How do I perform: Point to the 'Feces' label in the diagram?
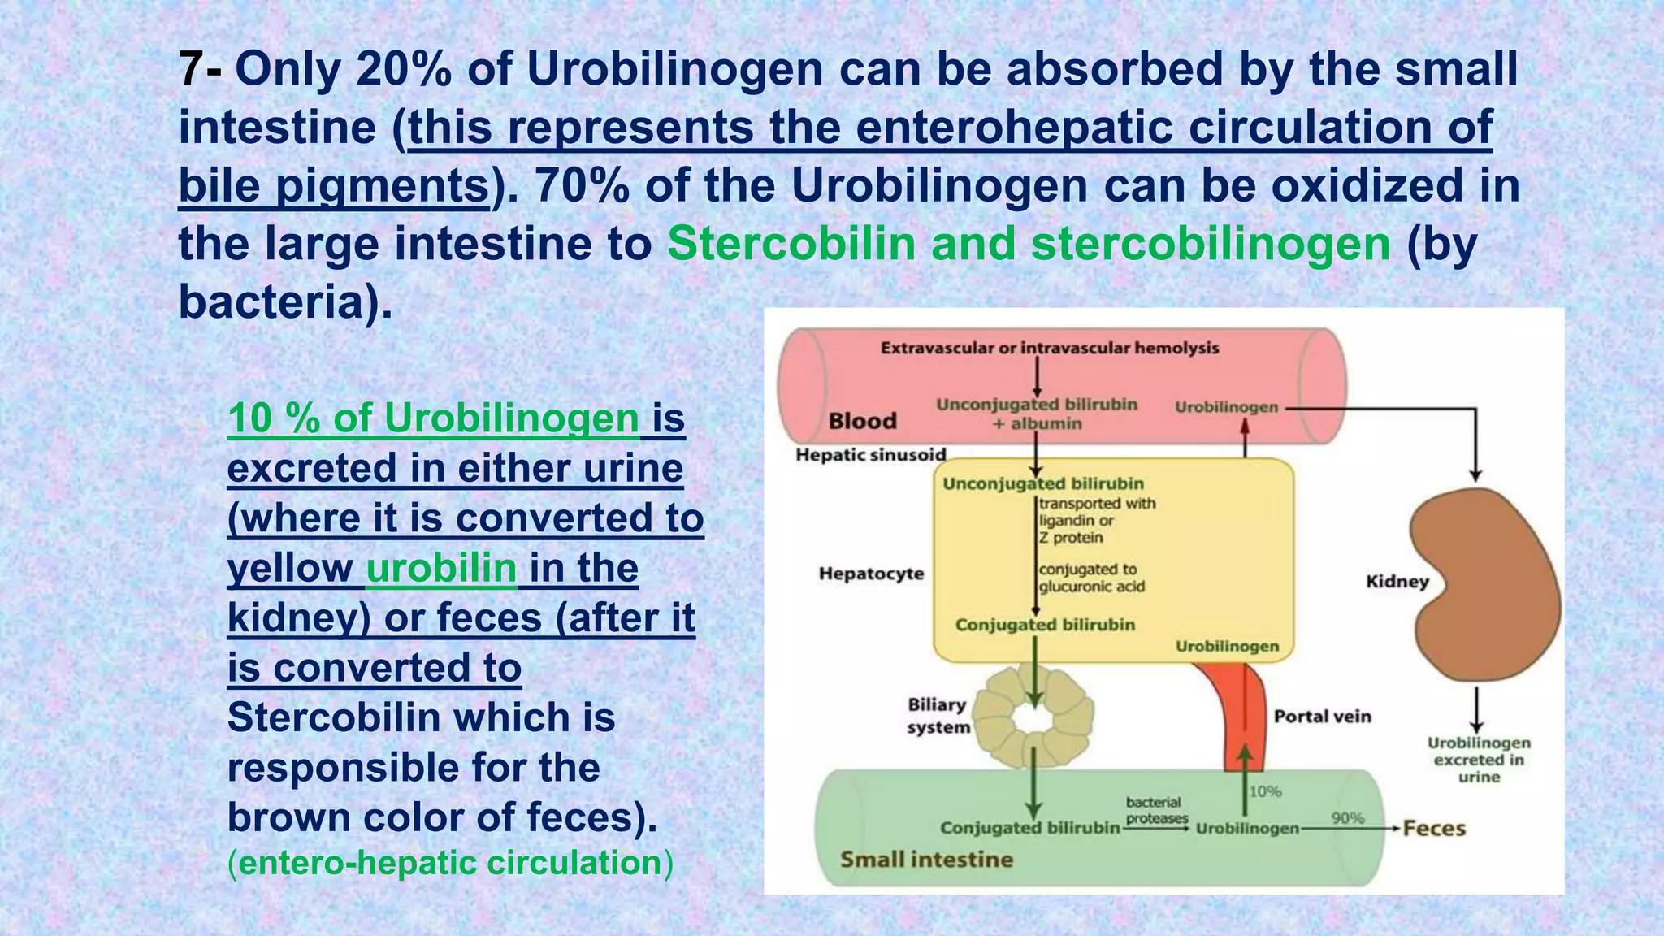[x=1434, y=829]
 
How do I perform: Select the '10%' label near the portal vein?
[x=1265, y=791]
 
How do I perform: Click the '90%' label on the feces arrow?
[x=1348, y=818]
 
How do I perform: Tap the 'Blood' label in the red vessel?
[x=862, y=421]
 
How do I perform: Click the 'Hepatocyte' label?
[x=871, y=574]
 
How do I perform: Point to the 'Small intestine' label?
[x=926, y=860]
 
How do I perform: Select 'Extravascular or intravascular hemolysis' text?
[x=1050, y=349]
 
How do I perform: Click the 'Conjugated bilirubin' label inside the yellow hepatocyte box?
[x=1045, y=625]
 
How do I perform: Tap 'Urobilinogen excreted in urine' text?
[x=1479, y=760]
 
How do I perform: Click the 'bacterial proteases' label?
[x=1156, y=810]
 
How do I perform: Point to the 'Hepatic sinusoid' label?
[x=871, y=455]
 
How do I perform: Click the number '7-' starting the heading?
[x=199, y=69]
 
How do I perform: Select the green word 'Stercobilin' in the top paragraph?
[x=791, y=244]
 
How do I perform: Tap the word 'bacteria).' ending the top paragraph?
[x=285, y=302]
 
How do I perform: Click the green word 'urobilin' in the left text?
[x=441, y=568]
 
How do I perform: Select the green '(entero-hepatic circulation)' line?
[x=450, y=863]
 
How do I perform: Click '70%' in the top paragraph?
[x=582, y=185]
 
